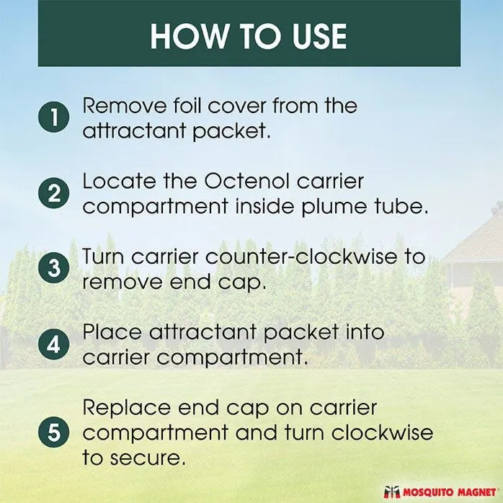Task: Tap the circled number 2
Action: [x=54, y=194]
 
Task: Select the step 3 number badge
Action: [x=54, y=269]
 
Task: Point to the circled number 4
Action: [x=54, y=344]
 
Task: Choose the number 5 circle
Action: [x=54, y=432]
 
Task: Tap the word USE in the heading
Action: [x=318, y=36]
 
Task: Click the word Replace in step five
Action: [x=127, y=407]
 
